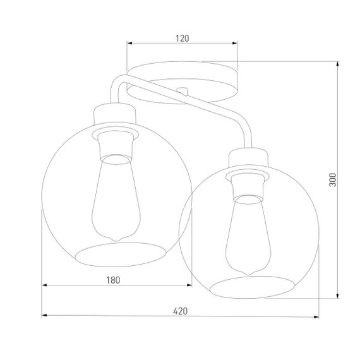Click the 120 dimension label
click(x=183, y=38)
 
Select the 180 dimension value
click(x=112, y=279)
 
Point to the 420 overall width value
click(x=181, y=310)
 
